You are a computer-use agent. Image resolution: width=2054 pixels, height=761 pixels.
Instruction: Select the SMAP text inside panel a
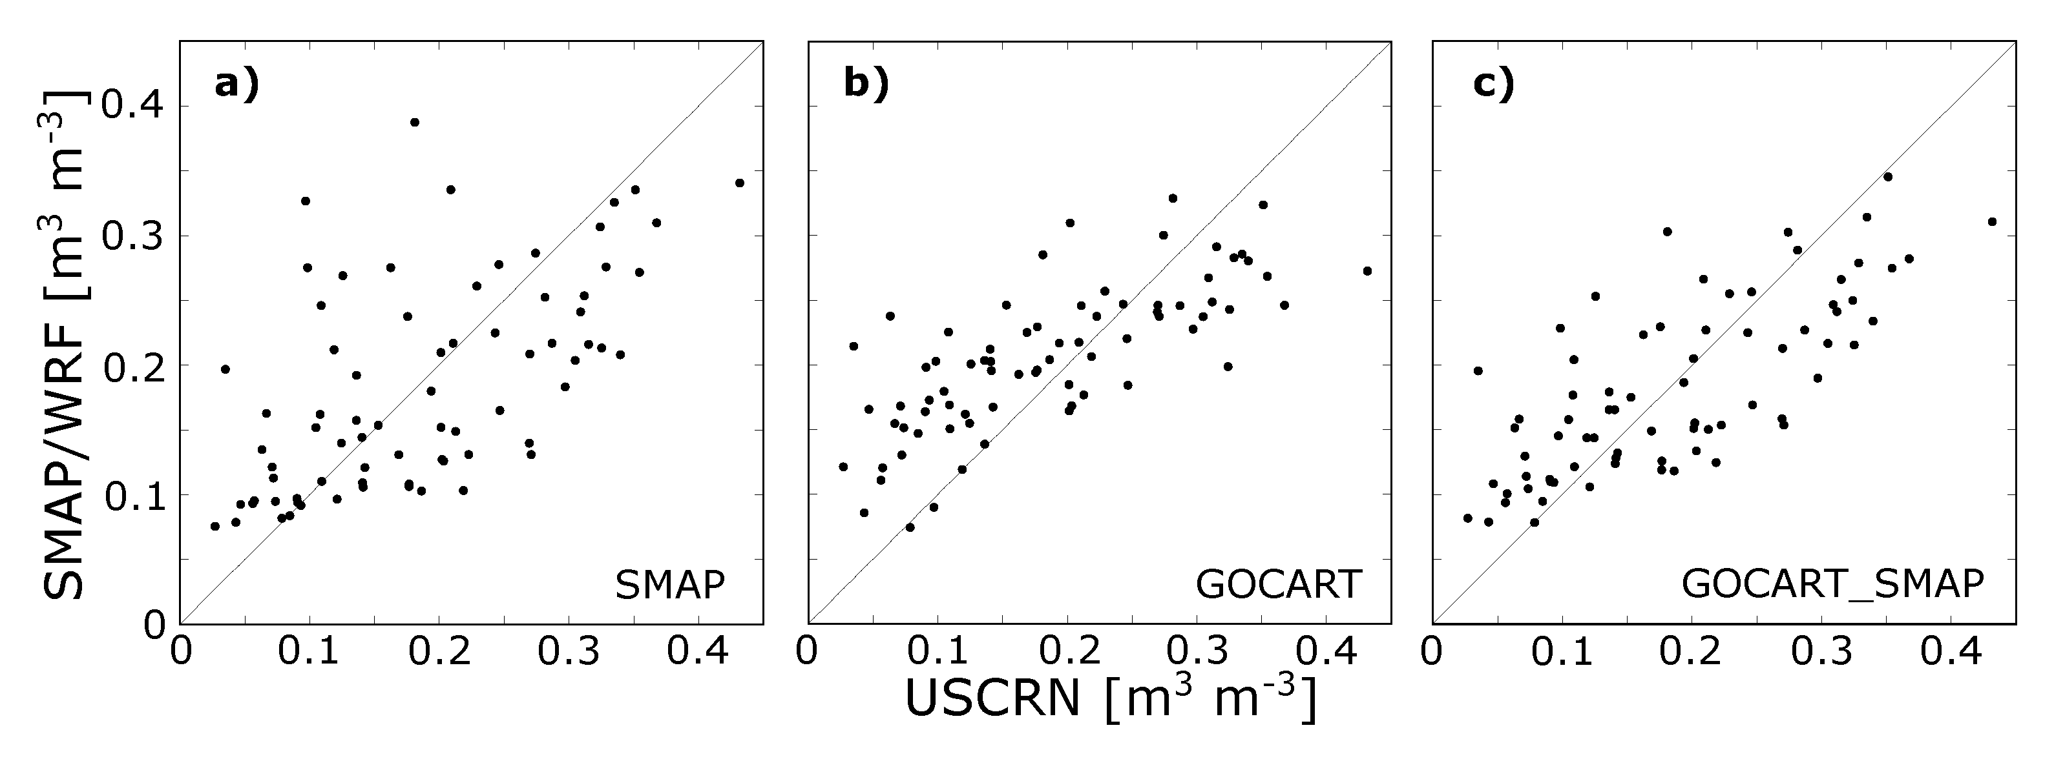click(670, 585)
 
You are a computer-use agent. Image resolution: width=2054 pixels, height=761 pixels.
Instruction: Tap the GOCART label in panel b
click(1278, 585)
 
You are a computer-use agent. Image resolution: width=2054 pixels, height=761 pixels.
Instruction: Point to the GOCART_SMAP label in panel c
click(1832, 585)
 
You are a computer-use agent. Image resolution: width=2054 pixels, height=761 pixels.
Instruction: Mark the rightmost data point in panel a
click(739, 183)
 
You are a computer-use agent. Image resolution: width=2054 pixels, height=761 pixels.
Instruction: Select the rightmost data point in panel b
click(1367, 271)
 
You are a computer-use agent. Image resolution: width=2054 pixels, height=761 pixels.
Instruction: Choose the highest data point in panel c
click(1887, 176)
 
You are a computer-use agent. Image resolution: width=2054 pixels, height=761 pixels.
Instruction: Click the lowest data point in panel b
click(910, 527)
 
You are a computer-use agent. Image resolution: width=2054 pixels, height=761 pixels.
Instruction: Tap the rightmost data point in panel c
click(1992, 221)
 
